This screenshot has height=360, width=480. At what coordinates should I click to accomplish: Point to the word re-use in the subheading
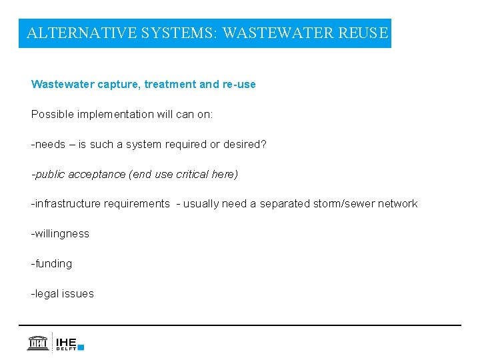click(x=239, y=85)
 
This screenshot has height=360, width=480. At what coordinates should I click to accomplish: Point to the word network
click(x=397, y=204)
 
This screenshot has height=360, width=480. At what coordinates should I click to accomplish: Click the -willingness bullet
click(x=60, y=234)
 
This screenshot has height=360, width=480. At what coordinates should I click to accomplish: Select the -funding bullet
click(x=51, y=264)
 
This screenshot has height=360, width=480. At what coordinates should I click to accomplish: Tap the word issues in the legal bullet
click(x=78, y=294)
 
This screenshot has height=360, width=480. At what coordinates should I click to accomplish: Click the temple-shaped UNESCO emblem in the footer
click(x=37, y=342)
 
